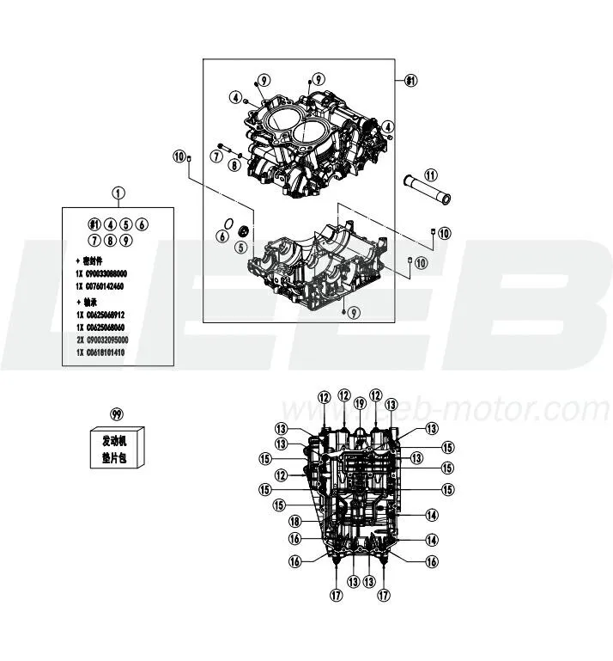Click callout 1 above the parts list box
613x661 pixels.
[x=118, y=193]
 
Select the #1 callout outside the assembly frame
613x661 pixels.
[x=411, y=81]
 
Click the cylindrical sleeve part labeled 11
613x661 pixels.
[x=427, y=191]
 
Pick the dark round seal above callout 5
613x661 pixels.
[x=243, y=231]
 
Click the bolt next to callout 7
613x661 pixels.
[x=225, y=145]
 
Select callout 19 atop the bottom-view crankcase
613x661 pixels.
[x=360, y=403]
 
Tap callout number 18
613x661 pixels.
[x=294, y=522]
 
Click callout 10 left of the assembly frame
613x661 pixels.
[x=179, y=156]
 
